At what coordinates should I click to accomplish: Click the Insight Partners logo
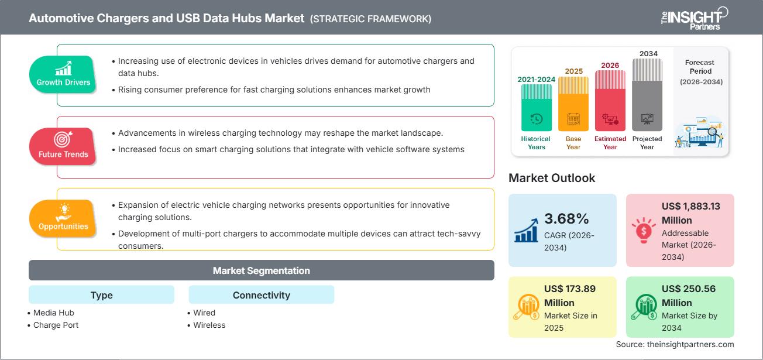[x=693, y=18]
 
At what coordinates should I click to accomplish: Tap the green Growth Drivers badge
[x=63, y=74]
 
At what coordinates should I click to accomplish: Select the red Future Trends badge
[x=63, y=146]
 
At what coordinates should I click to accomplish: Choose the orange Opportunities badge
[x=63, y=218]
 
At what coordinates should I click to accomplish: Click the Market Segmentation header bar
[x=261, y=270]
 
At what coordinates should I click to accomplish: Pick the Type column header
[x=101, y=295]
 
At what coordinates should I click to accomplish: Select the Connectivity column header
[x=261, y=295]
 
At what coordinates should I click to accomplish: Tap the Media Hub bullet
[x=53, y=313]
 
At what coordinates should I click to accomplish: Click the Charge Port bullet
[x=56, y=325]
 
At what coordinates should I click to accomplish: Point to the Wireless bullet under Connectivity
[x=209, y=325]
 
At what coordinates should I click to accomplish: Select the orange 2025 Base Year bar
[x=573, y=104]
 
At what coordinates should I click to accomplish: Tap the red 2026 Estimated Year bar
[x=610, y=100]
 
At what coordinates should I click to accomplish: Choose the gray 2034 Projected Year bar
[x=647, y=95]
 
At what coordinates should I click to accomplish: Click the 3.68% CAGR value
[x=566, y=219]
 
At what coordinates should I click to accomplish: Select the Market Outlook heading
[x=552, y=178]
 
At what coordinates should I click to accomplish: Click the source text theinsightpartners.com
[x=675, y=344]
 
